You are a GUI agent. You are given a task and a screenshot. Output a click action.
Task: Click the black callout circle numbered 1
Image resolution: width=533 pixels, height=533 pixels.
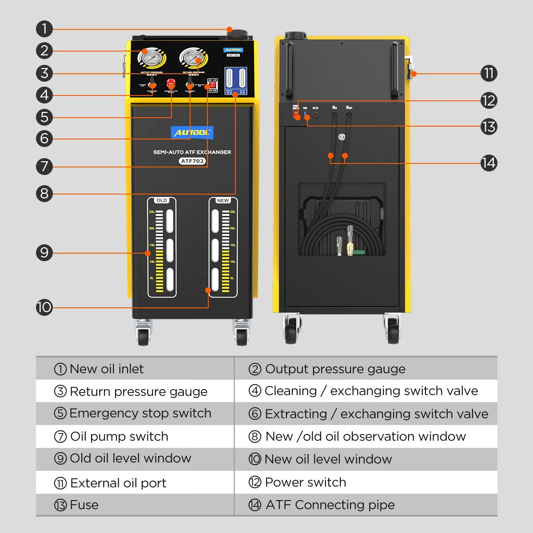click(44, 29)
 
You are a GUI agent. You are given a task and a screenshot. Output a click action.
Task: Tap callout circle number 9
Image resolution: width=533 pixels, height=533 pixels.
click(44, 253)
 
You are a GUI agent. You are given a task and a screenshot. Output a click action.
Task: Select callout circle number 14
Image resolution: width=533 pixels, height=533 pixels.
click(489, 163)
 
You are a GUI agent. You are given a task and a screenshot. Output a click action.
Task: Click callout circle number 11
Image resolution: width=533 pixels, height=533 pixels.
click(489, 73)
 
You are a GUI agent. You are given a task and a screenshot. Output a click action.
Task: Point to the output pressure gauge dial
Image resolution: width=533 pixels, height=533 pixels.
click(152, 58)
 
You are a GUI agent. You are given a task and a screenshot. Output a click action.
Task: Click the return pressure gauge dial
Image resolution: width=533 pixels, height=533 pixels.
click(194, 58)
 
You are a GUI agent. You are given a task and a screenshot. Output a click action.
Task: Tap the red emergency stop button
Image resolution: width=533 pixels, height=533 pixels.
click(171, 83)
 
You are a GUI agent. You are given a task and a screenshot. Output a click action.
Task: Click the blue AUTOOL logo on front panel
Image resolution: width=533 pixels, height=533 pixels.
click(192, 132)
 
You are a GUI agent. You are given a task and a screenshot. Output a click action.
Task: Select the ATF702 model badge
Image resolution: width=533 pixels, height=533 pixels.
click(192, 161)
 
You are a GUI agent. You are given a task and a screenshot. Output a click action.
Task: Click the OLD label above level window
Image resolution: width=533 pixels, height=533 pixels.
click(162, 200)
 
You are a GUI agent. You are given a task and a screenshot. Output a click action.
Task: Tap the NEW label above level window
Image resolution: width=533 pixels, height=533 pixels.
click(223, 200)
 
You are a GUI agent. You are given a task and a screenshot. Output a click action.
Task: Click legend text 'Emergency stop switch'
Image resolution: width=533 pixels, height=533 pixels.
click(140, 413)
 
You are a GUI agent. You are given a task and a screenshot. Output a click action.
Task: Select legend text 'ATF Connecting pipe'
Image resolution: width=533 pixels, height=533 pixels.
click(330, 505)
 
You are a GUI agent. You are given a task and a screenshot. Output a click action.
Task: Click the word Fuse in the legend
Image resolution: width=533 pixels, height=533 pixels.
click(84, 505)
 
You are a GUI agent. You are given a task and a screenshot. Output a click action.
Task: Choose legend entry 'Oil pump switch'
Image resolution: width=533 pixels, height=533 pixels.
click(119, 437)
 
